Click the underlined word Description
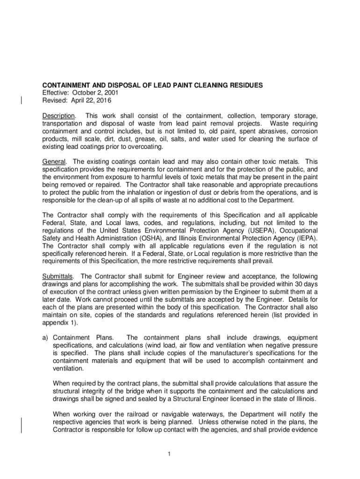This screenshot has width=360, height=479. click(58, 116)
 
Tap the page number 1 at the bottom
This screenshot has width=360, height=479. click(180, 454)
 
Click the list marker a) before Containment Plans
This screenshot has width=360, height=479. click(46, 337)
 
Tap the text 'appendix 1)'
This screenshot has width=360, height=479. click(59, 322)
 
